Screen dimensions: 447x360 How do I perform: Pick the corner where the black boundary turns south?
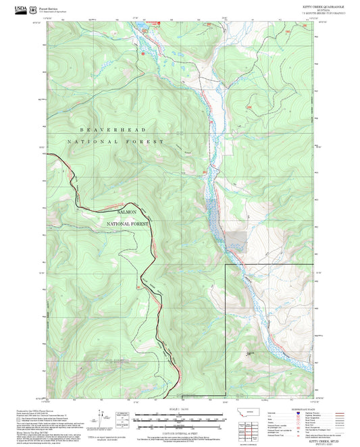[x=225, y=265]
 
